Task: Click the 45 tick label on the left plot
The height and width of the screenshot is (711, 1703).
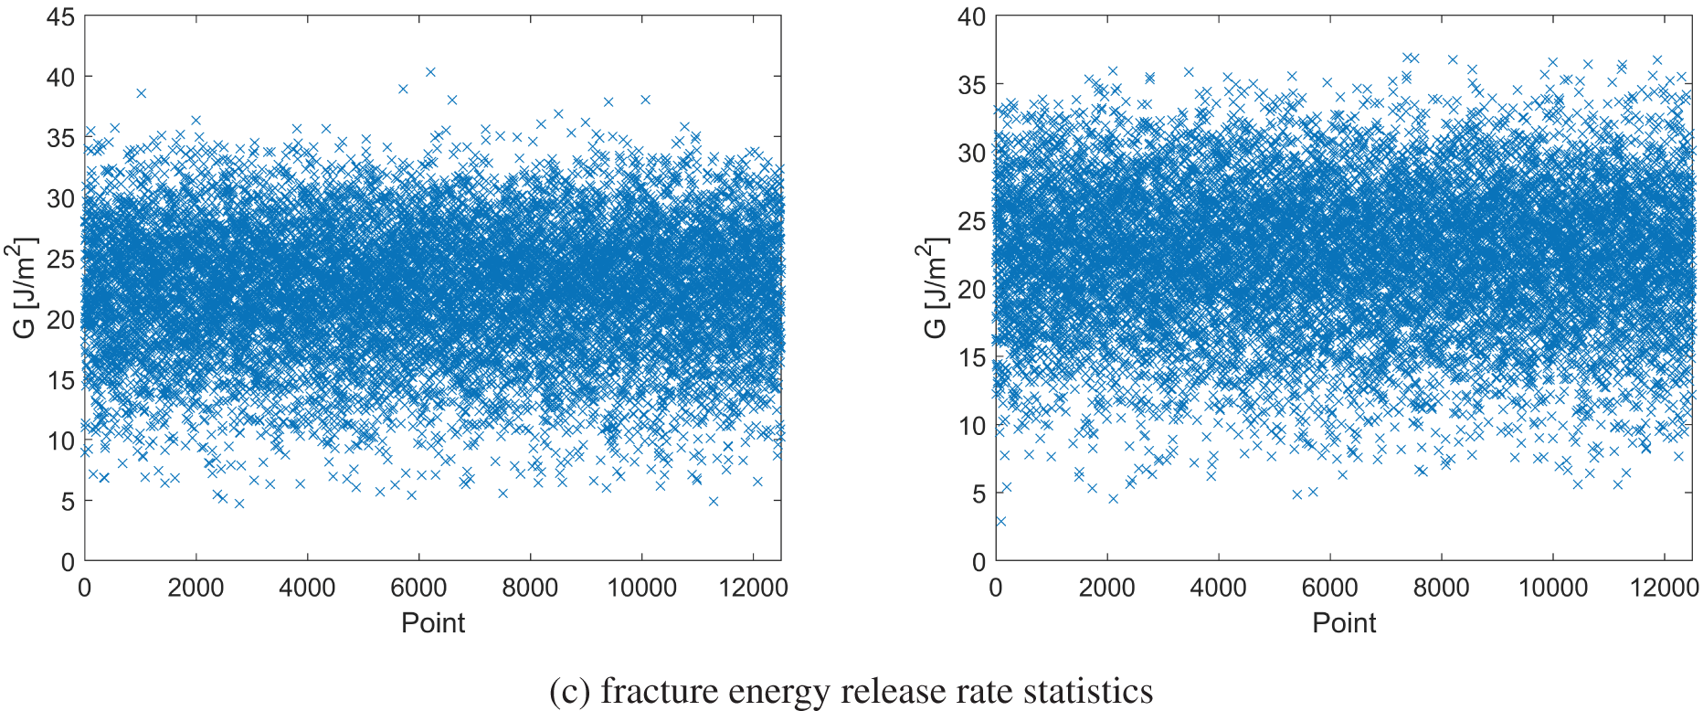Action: [60, 17]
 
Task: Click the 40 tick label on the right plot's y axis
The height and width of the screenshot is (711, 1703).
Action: [971, 17]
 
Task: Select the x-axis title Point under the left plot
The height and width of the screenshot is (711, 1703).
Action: [433, 623]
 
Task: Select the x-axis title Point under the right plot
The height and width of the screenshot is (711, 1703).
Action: [1344, 623]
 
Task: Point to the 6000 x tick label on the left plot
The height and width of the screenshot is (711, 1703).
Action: [418, 588]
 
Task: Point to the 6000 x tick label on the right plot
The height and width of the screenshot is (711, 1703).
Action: [1329, 588]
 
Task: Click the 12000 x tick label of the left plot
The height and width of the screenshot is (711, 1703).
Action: [752, 588]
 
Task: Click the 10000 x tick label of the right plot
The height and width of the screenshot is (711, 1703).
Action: [1552, 588]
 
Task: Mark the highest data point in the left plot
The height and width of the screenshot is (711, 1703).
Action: [430, 71]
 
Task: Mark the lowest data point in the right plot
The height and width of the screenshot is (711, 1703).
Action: [1000, 521]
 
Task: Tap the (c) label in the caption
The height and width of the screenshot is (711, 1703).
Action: [570, 691]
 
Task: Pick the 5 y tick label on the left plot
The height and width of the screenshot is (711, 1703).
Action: [67, 501]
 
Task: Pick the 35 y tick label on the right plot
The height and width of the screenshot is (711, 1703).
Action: [971, 85]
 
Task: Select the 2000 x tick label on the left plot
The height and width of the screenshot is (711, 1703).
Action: [196, 588]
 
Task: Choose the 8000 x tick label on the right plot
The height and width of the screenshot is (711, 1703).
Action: [1441, 588]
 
